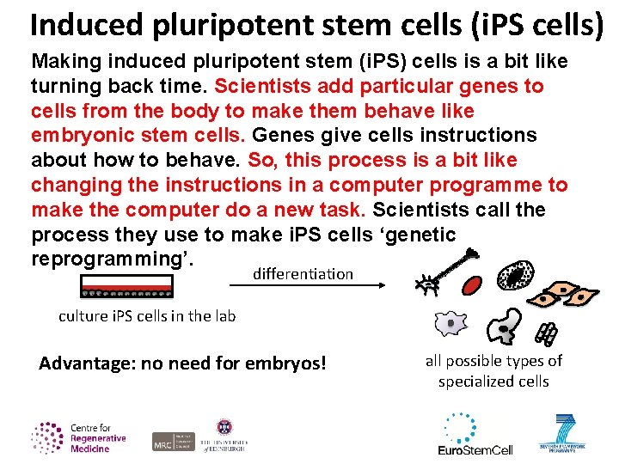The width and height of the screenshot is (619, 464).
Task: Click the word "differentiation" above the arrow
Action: point(303,274)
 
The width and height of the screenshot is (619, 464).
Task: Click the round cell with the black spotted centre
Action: point(516,276)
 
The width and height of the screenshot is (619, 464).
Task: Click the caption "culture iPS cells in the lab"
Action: point(147,316)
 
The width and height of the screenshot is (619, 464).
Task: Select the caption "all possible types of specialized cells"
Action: point(493,371)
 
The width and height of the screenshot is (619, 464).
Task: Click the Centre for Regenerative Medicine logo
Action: point(78,437)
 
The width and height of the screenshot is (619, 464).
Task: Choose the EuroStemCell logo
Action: point(475,436)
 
